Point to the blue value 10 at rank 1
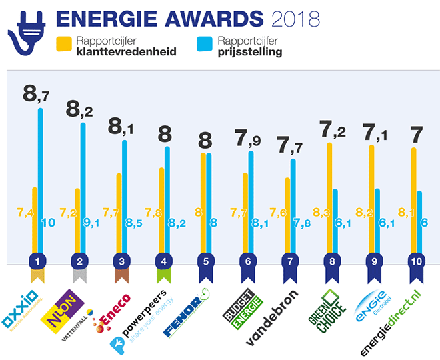[48, 223]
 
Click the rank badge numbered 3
[121, 261]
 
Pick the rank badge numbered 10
[416, 261]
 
